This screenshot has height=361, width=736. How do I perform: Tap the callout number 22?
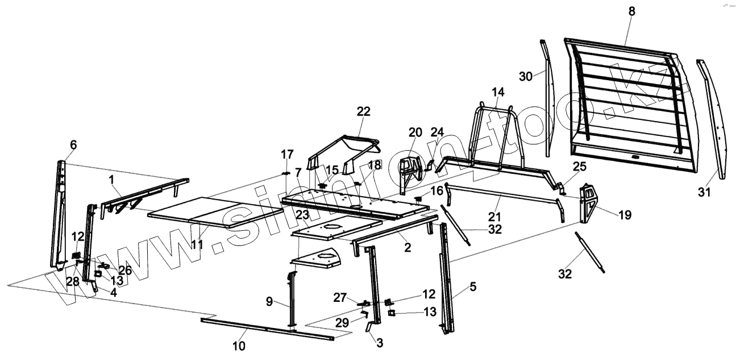point(363,112)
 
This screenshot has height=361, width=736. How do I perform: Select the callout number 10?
point(239,346)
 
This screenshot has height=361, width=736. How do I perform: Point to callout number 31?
point(704,193)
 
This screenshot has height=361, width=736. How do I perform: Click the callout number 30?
point(526,76)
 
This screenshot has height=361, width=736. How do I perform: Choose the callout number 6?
point(73,144)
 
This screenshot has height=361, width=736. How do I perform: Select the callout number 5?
point(473,287)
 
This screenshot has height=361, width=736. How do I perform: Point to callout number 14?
point(498,92)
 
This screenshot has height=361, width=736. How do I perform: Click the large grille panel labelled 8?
point(625,102)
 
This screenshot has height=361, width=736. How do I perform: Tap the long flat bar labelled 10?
point(267,329)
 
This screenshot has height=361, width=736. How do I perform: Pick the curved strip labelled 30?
point(546,97)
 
